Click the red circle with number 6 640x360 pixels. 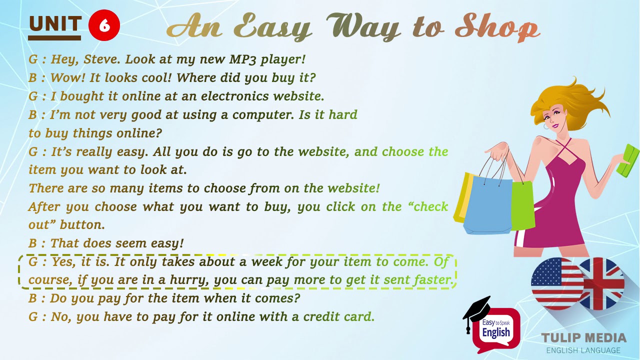point(104,25)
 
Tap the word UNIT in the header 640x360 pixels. point(55,24)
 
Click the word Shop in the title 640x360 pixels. point(497,27)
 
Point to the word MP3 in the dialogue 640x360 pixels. point(245,59)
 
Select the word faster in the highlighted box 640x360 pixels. point(433,280)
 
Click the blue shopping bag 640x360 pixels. point(487,205)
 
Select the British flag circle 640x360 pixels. point(602,282)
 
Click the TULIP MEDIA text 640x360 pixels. point(583,338)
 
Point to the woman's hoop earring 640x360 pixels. point(545,126)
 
